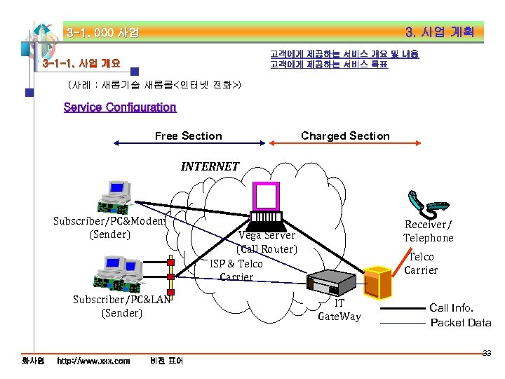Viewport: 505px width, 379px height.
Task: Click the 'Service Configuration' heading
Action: coord(120,107)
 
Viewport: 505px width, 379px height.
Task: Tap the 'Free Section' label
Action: coord(188,136)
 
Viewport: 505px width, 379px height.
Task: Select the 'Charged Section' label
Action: coord(345,136)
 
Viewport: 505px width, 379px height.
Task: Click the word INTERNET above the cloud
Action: coord(210,166)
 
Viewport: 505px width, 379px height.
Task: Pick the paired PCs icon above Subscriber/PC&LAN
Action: coord(122,273)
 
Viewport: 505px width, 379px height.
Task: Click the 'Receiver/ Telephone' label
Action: coord(428,231)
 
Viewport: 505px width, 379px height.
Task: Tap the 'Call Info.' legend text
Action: coord(451,307)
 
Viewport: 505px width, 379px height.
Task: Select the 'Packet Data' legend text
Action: coord(460,323)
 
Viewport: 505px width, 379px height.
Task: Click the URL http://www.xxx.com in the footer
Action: coord(93,361)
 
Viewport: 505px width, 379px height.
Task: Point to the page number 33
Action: coord(486,353)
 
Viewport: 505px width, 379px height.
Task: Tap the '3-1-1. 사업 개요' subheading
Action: coord(81,63)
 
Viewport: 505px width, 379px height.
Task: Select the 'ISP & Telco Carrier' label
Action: coord(236,270)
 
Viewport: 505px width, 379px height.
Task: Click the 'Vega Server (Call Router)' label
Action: coord(267,242)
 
